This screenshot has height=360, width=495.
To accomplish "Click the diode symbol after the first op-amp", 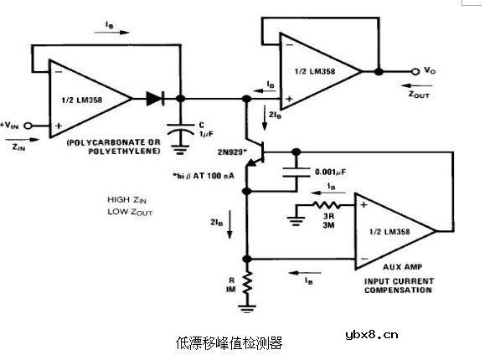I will pos(154,98).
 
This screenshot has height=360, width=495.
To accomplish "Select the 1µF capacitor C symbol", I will pos(181,131).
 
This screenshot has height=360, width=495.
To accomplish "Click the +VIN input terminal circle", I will pos(28,125).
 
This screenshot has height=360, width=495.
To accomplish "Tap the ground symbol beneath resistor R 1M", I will pos(248,309).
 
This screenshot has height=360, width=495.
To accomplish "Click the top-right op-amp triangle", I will pos(318,71).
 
